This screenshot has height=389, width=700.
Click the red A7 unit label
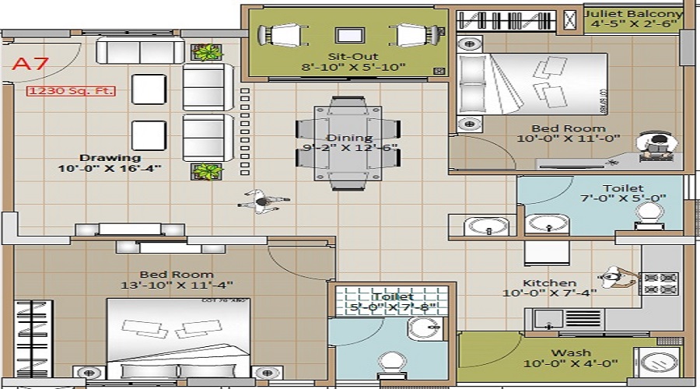click(x=30, y=64)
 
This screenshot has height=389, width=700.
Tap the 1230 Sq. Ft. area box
click(x=72, y=91)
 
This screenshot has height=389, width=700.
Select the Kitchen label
click(x=550, y=282)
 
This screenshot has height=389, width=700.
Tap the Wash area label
click(x=571, y=352)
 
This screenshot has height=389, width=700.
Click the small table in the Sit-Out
click(x=347, y=35)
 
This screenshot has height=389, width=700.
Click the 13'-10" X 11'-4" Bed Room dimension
click(x=177, y=286)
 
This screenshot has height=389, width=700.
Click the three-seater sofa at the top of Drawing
click(x=141, y=51)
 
